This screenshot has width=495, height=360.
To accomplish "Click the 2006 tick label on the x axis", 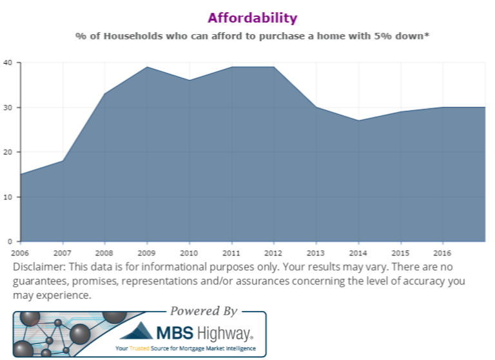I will (x=21, y=252).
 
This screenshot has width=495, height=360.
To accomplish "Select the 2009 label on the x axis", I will (x=147, y=252).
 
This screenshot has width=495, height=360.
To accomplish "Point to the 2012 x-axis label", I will (x=273, y=252).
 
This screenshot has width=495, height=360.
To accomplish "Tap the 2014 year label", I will (x=358, y=252).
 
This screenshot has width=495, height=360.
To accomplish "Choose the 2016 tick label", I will (x=442, y=252).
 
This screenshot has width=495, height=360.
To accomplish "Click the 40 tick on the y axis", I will (x=8, y=63).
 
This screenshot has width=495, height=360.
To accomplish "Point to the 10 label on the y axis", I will (x=8, y=197).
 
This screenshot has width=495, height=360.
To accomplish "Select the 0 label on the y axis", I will (x=10, y=241).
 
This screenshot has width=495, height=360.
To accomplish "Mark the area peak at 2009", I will (x=147, y=67).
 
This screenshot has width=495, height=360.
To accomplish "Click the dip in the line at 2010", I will (x=189, y=80).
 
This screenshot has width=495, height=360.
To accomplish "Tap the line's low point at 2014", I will (x=358, y=121).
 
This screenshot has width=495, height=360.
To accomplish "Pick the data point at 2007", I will (x=63, y=161).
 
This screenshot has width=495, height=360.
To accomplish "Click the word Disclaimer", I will (x=40, y=267).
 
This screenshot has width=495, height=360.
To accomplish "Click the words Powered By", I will (x=204, y=311).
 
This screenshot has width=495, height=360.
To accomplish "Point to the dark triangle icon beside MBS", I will (x=137, y=332).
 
